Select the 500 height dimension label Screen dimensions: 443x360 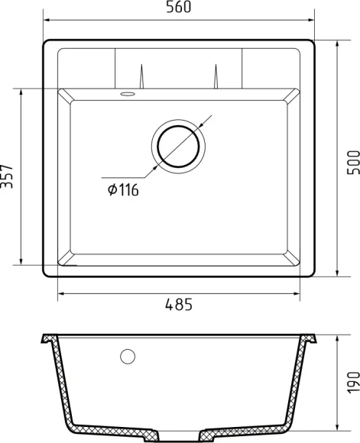coord(352,161)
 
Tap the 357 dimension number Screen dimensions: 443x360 coord(8,177)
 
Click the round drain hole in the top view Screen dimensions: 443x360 coord(179,144)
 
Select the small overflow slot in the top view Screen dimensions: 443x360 coord(127,95)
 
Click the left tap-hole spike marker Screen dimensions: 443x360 coord(141,77)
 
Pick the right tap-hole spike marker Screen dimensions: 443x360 coord(216,77)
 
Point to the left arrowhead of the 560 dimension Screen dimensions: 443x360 coord(46,19)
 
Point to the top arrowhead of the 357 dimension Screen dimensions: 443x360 coord(21,92)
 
